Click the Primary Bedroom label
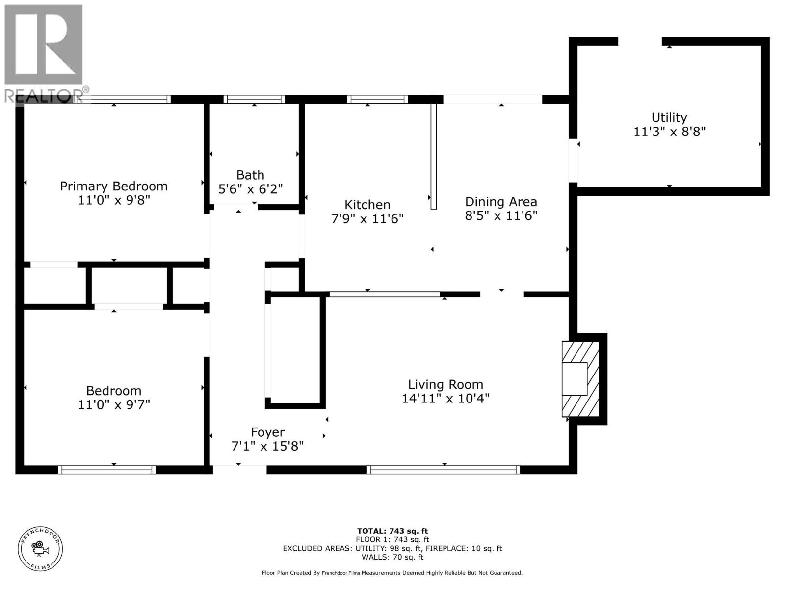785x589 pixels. click(x=114, y=186)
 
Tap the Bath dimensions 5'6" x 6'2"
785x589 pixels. click(x=250, y=189)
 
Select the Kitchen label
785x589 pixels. click(x=367, y=205)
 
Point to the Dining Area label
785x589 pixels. click(x=501, y=202)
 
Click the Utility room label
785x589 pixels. click(x=669, y=117)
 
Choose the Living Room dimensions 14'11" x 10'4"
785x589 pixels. click(x=445, y=399)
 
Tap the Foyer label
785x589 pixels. click(x=267, y=432)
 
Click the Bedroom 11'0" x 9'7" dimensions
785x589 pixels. click(x=114, y=405)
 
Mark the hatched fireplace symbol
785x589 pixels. click(x=580, y=379)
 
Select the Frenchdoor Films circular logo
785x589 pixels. click(x=40, y=549)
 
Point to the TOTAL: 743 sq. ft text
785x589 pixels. click(x=392, y=531)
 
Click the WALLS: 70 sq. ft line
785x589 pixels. click(x=392, y=557)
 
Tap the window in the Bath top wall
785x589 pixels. click(x=254, y=99)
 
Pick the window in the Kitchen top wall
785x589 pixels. click(x=377, y=99)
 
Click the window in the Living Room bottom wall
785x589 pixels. click(x=444, y=470)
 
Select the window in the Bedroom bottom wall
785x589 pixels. click(x=106, y=470)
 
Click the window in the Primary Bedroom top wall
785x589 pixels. click(x=129, y=99)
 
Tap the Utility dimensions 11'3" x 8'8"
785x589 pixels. click(x=669, y=132)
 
